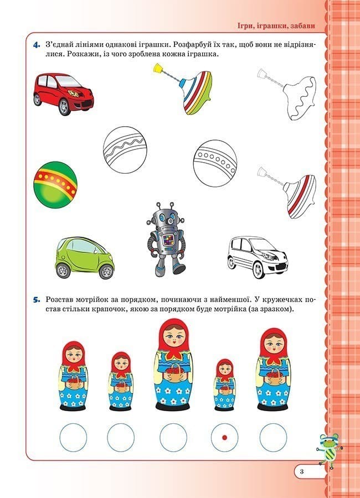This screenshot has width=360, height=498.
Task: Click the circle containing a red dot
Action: (225, 437)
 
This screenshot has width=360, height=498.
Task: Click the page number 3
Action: (301, 471)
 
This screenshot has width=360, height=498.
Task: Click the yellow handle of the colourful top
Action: (157, 69)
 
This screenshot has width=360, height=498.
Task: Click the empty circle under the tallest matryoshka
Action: (174, 437)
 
